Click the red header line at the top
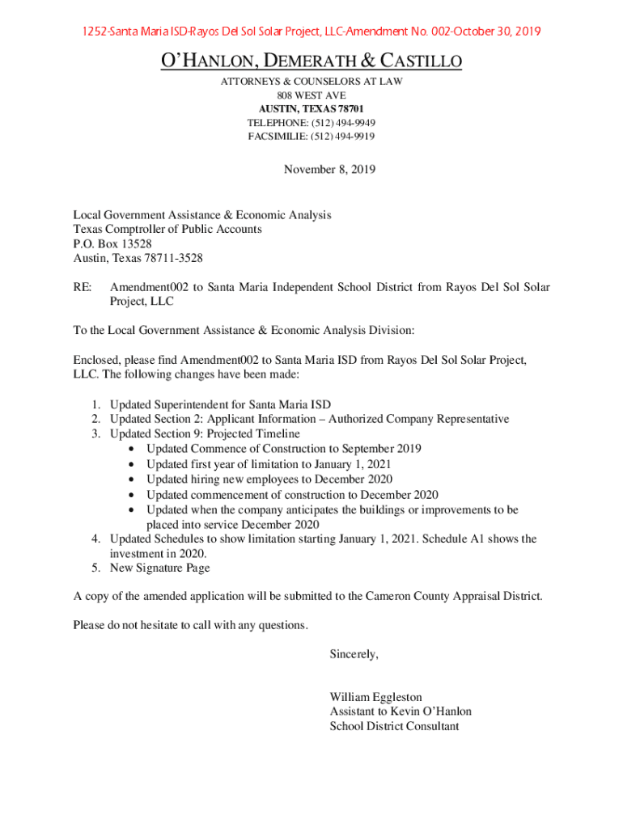[x=311, y=32]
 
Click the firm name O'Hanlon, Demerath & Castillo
[x=311, y=61]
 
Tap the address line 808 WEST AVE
[x=311, y=95]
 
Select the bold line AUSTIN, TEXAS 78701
[x=311, y=108]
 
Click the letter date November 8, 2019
[x=329, y=169]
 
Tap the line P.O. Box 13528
[x=112, y=243]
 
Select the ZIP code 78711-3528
[x=173, y=258]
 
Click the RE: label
[x=83, y=287]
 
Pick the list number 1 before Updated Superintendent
[x=95, y=404]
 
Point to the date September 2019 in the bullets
[x=381, y=449]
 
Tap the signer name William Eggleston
[x=375, y=697]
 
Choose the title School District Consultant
[x=394, y=726]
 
